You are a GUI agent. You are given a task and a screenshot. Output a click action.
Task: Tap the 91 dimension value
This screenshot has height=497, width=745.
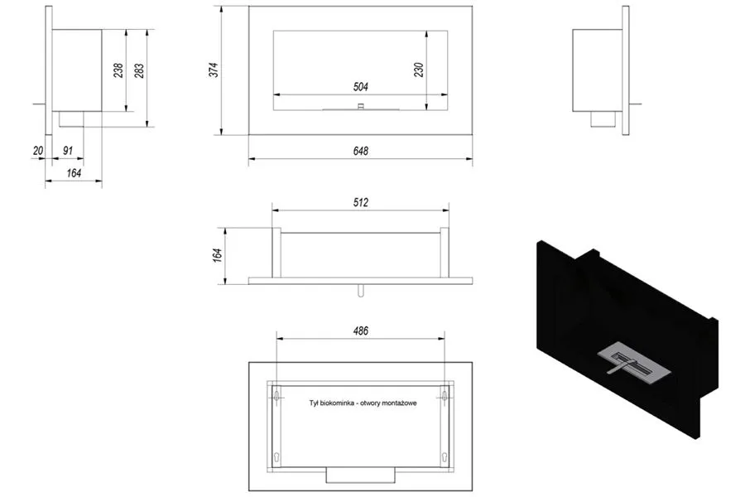68,151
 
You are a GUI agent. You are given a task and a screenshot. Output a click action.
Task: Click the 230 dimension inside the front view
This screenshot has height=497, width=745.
418,70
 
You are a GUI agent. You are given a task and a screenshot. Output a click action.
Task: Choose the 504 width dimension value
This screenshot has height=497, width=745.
360,86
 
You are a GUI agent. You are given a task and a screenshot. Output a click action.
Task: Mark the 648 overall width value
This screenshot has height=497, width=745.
359,151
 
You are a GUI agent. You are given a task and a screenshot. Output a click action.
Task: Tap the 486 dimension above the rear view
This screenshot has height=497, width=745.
359,331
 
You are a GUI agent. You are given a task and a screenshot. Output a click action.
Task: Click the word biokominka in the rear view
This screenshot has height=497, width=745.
348,403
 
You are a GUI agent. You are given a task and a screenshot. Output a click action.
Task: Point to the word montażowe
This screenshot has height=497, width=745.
398,403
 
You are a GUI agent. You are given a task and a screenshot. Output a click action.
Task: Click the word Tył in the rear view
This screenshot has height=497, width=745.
313,403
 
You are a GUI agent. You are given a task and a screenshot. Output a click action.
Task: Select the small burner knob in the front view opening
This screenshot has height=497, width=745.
360,106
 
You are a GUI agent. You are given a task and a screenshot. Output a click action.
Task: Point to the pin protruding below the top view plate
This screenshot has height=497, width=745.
360,290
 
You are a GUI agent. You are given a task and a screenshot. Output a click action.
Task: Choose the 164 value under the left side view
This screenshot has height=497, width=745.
74,173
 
